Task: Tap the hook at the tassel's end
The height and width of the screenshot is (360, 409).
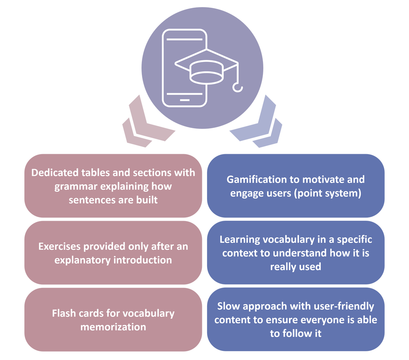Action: [238, 88]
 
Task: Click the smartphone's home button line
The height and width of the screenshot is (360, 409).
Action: [184, 100]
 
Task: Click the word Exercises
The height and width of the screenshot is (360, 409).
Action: [59, 246]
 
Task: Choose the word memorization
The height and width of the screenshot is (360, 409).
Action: [113, 327]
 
